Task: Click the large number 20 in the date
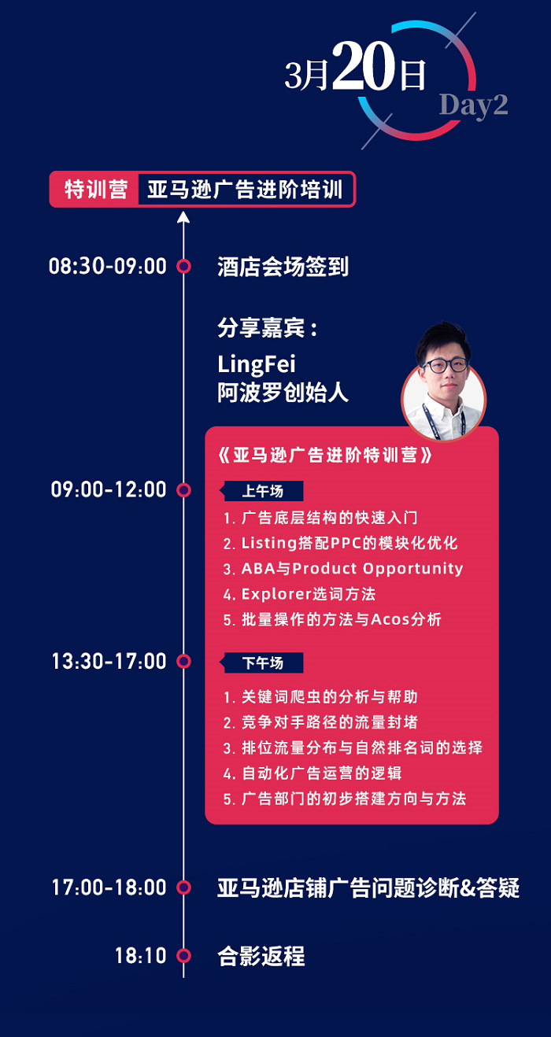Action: (364, 66)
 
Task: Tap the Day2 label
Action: (473, 106)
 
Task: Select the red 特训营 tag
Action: (95, 190)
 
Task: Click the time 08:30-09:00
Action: (107, 266)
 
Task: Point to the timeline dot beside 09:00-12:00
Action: (184, 490)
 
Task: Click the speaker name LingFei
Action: (256, 364)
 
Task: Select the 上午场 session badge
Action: (261, 491)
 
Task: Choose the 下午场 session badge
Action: (261, 663)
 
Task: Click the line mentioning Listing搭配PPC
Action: (340, 543)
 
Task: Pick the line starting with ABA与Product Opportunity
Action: (343, 569)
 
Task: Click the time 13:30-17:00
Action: (109, 661)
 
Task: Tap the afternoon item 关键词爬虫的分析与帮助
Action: (320, 697)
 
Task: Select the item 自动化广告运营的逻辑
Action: (312, 773)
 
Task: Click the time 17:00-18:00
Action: (109, 888)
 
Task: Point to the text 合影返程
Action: (261, 955)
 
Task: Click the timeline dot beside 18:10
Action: (184, 955)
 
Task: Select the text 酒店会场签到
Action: (283, 267)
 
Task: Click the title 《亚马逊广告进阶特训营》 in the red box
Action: (325, 455)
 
